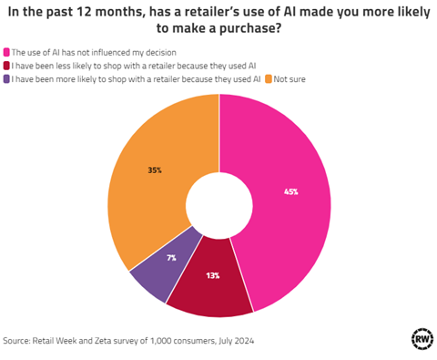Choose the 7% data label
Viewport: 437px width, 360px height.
tap(170, 259)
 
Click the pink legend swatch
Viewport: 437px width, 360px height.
tap(7, 51)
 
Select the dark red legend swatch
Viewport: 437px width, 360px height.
tap(7, 65)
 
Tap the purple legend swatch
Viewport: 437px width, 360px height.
tap(7, 78)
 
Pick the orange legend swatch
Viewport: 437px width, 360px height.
tap(270, 78)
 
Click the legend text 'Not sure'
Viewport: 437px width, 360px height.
tap(291, 78)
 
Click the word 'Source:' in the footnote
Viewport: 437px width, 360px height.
tap(18, 340)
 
